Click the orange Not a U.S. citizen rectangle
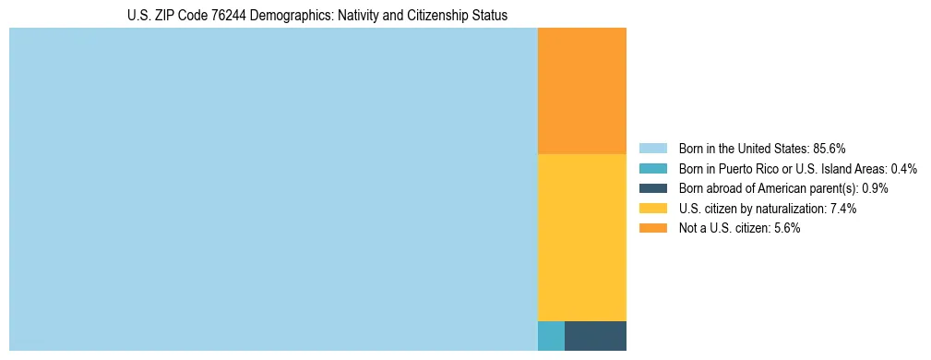coord(581,90)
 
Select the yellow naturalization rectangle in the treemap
coord(581,236)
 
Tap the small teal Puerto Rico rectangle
coord(551,335)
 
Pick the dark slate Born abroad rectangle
coord(595,335)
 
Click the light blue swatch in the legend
coord(652,148)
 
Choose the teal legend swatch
coord(652,168)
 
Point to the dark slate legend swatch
coord(652,188)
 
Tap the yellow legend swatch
coord(652,209)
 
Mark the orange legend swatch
coord(652,229)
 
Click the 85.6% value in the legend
coord(830,148)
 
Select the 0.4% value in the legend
coord(904,168)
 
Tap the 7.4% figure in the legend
coord(843,209)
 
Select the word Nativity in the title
coord(357,16)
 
